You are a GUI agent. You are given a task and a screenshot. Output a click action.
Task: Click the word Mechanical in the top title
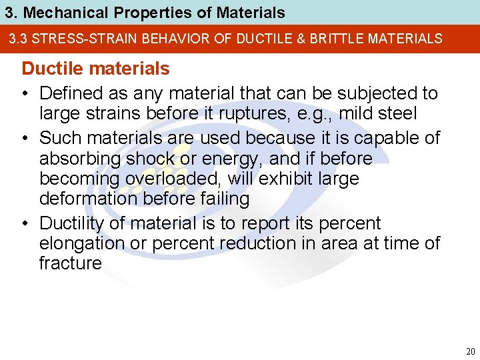point(52,13)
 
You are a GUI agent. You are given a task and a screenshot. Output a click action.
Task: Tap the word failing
point(222,199)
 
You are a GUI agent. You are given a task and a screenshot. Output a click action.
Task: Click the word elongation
point(82,243)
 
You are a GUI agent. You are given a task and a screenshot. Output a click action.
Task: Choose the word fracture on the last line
point(70,263)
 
